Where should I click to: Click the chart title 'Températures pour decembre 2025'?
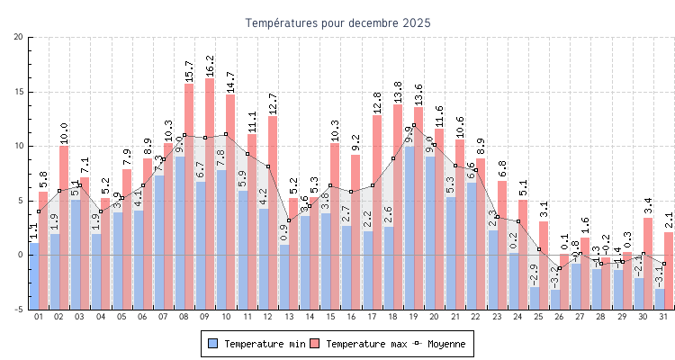pyautogui.click(x=337, y=23)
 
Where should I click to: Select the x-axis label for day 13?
pyautogui.click(x=289, y=317)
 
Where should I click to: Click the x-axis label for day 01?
pyautogui.click(x=39, y=317)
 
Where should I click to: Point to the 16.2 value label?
pyautogui.click(x=210, y=65)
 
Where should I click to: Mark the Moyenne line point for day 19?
pyautogui.click(x=414, y=125)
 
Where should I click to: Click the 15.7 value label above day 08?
pyautogui.click(x=189, y=70)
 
